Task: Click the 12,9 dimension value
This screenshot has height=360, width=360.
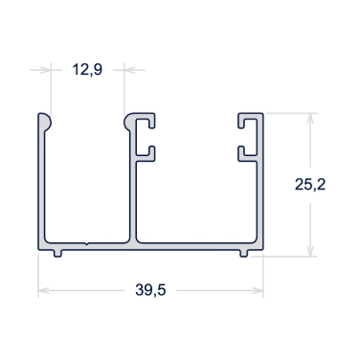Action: [87, 69]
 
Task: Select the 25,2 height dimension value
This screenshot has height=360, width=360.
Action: [310, 184]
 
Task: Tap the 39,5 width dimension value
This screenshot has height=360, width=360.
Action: [150, 290]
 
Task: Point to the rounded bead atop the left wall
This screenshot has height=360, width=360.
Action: [45, 122]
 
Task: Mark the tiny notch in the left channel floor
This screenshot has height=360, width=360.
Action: [87, 244]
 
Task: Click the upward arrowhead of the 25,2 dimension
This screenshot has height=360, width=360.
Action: [310, 119]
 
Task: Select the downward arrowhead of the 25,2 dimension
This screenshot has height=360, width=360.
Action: [310, 250]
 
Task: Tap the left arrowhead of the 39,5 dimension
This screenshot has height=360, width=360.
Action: [44, 291]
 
